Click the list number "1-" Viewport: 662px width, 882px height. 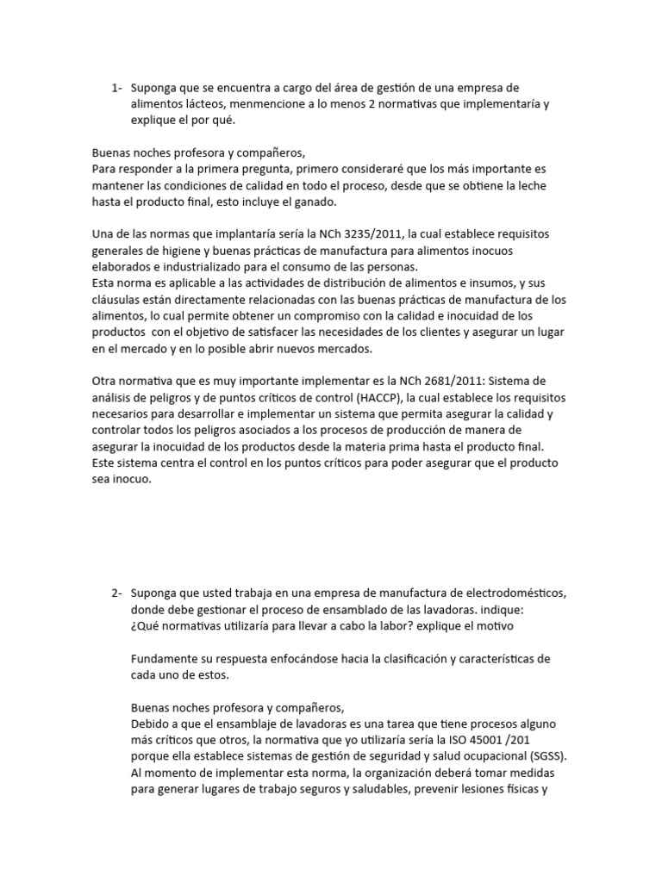[117, 88]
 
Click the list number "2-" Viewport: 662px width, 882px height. [117, 593]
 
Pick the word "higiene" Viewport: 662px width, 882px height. [183, 251]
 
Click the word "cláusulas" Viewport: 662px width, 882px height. [119, 300]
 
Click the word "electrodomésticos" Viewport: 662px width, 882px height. [515, 593]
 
